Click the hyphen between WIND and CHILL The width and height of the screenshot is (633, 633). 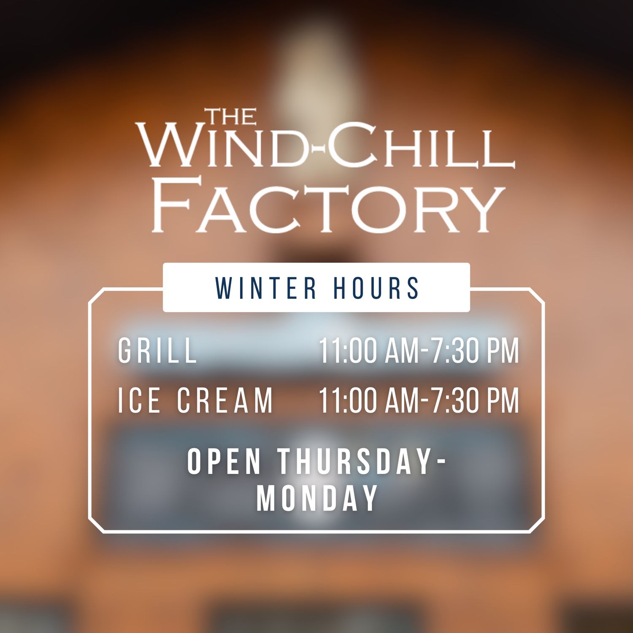coord(317,149)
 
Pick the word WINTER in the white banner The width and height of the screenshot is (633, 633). coord(266,288)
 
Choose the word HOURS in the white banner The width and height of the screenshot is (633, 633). coord(376,288)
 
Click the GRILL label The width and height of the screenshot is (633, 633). coord(157,350)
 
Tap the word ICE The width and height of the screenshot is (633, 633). coord(139,400)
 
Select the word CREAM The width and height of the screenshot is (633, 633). coord(225,400)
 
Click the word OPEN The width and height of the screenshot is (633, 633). coord(224,461)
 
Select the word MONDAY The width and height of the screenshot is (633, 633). coord(317,498)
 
